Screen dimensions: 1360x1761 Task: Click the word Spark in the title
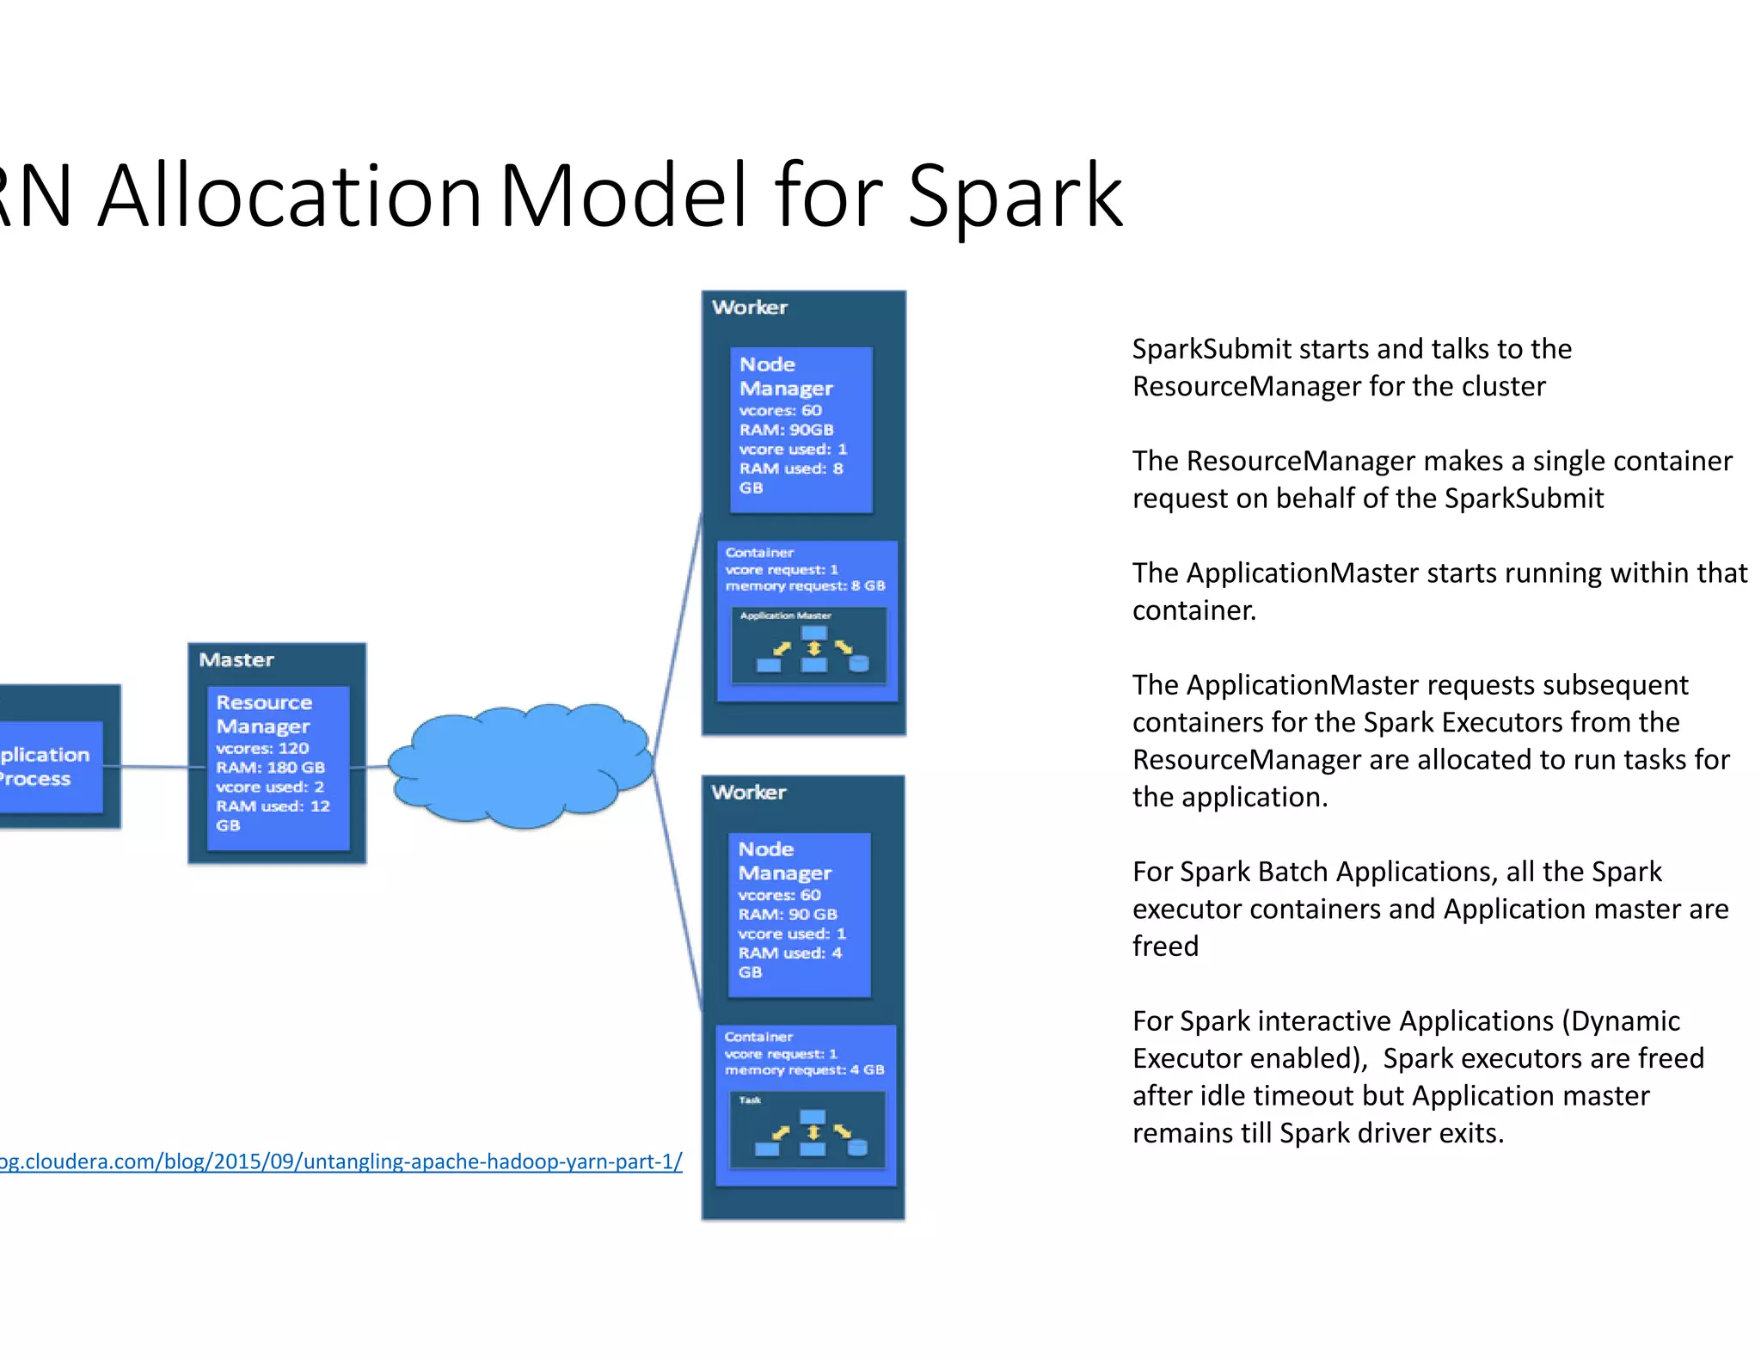point(1015,198)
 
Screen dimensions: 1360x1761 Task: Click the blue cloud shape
point(520,765)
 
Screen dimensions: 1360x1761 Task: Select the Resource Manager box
point(278,767)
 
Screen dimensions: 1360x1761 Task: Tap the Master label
point(236,660)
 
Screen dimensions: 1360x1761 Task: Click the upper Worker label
point(750,308)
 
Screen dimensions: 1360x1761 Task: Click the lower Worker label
point(749,793)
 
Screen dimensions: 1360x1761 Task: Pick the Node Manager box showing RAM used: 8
point(801,430)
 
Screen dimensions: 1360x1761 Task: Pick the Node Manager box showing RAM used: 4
point(799,915)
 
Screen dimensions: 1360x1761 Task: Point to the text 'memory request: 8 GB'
point(805,586)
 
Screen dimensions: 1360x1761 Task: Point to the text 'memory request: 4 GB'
point(804,1070)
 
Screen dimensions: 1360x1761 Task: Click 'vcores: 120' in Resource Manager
point(262,749)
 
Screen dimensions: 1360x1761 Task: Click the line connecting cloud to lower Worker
point(678,894)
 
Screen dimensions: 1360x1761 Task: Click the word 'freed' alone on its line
point(1165,946)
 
